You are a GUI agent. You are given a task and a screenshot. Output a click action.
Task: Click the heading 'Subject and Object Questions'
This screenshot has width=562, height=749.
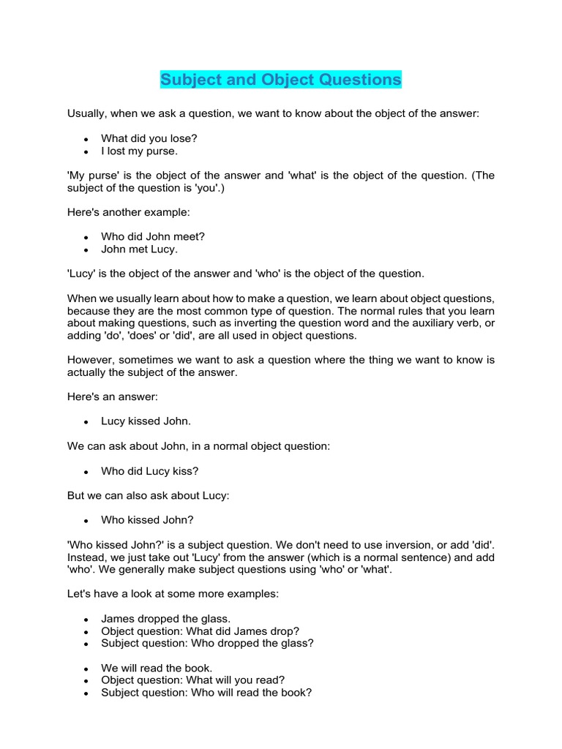281,79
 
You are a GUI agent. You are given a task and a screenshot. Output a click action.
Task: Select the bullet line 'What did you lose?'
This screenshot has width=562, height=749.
149,138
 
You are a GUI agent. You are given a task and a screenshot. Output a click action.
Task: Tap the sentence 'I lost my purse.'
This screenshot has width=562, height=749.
139,151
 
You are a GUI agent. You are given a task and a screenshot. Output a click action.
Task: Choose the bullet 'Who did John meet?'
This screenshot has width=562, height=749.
152,236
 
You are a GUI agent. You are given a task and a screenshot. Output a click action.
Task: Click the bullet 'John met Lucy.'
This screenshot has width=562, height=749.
139,249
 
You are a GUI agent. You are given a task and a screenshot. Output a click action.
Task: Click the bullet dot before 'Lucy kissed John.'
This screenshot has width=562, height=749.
86,422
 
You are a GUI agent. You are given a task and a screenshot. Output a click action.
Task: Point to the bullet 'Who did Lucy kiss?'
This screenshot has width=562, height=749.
150,471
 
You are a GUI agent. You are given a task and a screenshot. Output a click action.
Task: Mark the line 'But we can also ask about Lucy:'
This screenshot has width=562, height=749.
149,495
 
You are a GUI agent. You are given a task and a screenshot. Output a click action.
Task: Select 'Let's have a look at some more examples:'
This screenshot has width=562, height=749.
173,594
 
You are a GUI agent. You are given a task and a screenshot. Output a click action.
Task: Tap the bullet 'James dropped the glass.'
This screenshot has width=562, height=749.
165,619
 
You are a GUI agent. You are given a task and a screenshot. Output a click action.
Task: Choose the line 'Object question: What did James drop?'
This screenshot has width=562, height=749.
200,631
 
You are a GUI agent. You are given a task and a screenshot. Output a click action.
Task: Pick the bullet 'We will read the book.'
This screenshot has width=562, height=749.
157,668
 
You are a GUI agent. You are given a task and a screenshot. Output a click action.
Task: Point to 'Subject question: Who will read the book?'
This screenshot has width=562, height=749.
206,692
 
